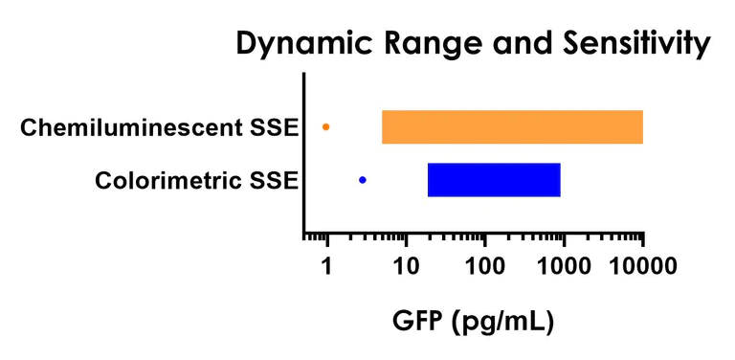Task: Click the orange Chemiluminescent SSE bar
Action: pyautogui.click(x=512, y=127)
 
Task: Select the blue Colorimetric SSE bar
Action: pyautogui.click(x=494, y=180)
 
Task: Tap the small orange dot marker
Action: pyautogui.click(x=326, y=126)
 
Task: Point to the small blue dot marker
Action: pyautogui.click(x=362, y=180)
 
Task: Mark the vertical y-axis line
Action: pyautogui.click(x=304, y=153)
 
